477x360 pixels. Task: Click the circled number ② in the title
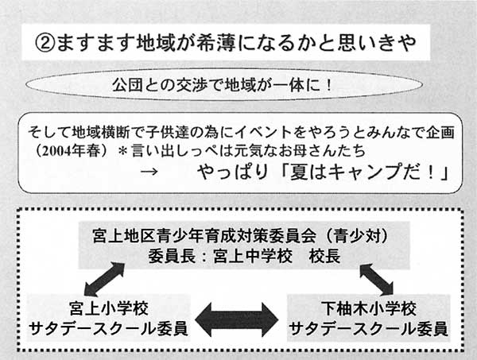45,43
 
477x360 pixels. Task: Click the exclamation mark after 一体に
328,86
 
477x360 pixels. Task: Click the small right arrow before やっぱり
149,172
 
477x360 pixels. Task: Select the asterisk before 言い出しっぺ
122,151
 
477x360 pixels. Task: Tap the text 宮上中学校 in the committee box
253,256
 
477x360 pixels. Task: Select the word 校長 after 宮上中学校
324,256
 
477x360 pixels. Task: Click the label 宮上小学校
109,308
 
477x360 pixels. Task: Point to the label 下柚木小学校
370,308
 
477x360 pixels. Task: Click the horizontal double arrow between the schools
237,319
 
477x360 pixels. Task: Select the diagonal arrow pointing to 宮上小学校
104,279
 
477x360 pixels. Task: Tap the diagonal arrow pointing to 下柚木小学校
377,279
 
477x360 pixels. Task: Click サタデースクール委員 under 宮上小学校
108,328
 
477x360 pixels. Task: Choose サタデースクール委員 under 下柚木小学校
368,328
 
